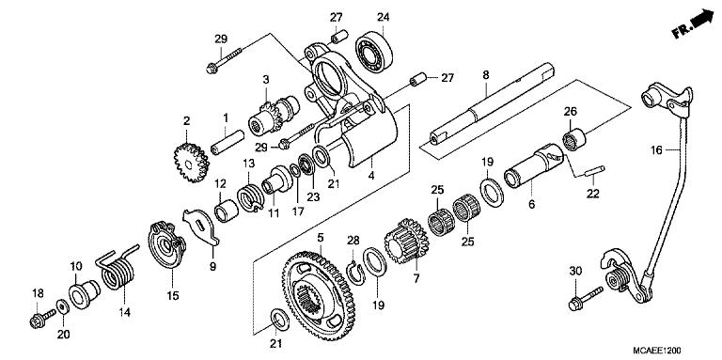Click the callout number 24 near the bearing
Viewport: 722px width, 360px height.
point(383,17)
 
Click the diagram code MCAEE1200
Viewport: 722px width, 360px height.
point(674,347)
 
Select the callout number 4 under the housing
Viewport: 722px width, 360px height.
point(344,175)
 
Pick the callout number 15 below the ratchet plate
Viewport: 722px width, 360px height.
point(172,297)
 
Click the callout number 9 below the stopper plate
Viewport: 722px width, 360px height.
point(212,267)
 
